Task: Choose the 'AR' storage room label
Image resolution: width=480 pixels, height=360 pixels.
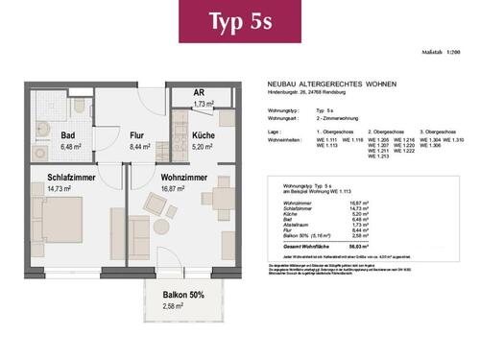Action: (201, 94)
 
